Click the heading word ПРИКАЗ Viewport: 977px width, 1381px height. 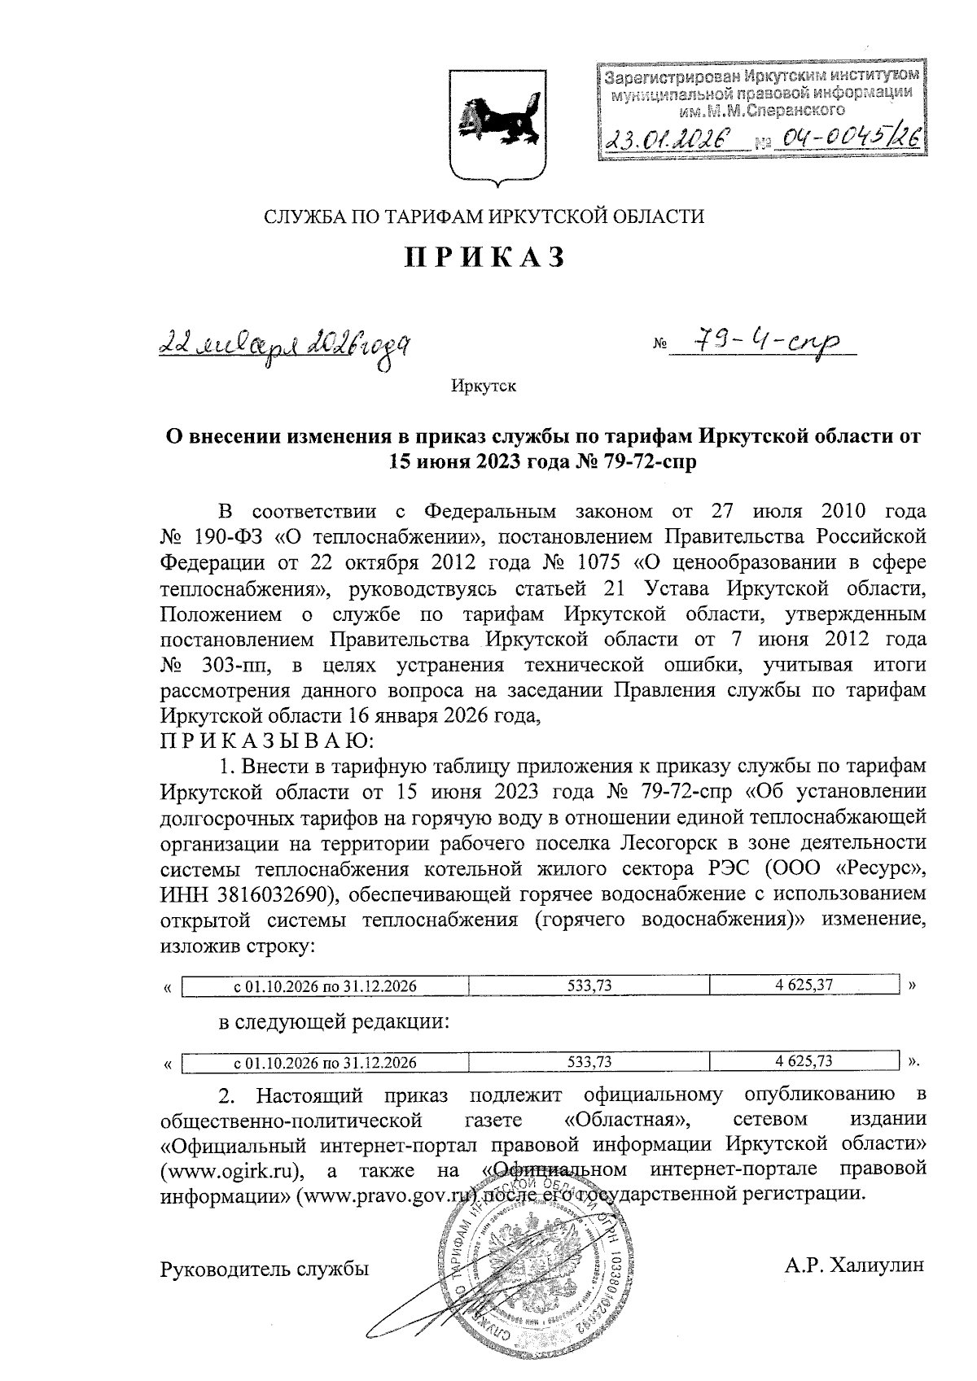tap(485, 257)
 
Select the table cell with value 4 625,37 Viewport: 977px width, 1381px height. tap(804, 985)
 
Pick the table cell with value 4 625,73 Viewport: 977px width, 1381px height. tap(804, 1061)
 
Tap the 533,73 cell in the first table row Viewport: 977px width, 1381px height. tap(589, 985)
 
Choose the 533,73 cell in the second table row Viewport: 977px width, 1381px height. tap(589, 1062)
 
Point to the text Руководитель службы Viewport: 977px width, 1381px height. tap(265, 1268)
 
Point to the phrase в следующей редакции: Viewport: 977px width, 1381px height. tap(334, 1021)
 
